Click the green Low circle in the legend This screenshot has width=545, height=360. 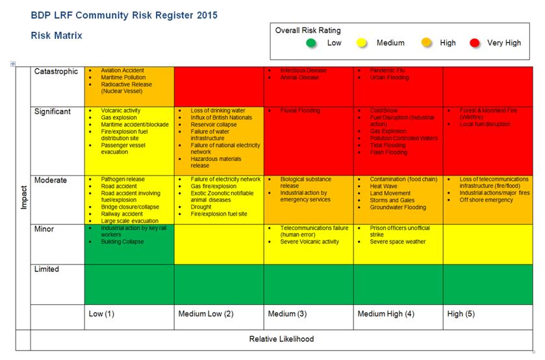click(x=312, y=43)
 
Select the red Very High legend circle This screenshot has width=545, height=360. click(x=475, y=43)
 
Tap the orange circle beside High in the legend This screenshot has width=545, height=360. click(x=427, y=43)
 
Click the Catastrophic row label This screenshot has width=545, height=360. click(x=56, y=72)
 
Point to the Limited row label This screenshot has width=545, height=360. click(x=47, y=270)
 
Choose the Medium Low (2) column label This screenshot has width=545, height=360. click(x=206, y=315)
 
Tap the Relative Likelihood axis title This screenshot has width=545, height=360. click(x=281, y=339)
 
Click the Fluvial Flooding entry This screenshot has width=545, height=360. click(x=300, y=110)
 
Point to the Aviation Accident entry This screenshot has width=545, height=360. click(x=123, y=70)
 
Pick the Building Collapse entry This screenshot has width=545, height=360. click(x=123, y=242)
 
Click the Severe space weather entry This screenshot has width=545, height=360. click(x=398, y=242)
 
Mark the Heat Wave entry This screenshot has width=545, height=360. click(x=385, y=186)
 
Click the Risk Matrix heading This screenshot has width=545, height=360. click(x=57, y=36)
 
